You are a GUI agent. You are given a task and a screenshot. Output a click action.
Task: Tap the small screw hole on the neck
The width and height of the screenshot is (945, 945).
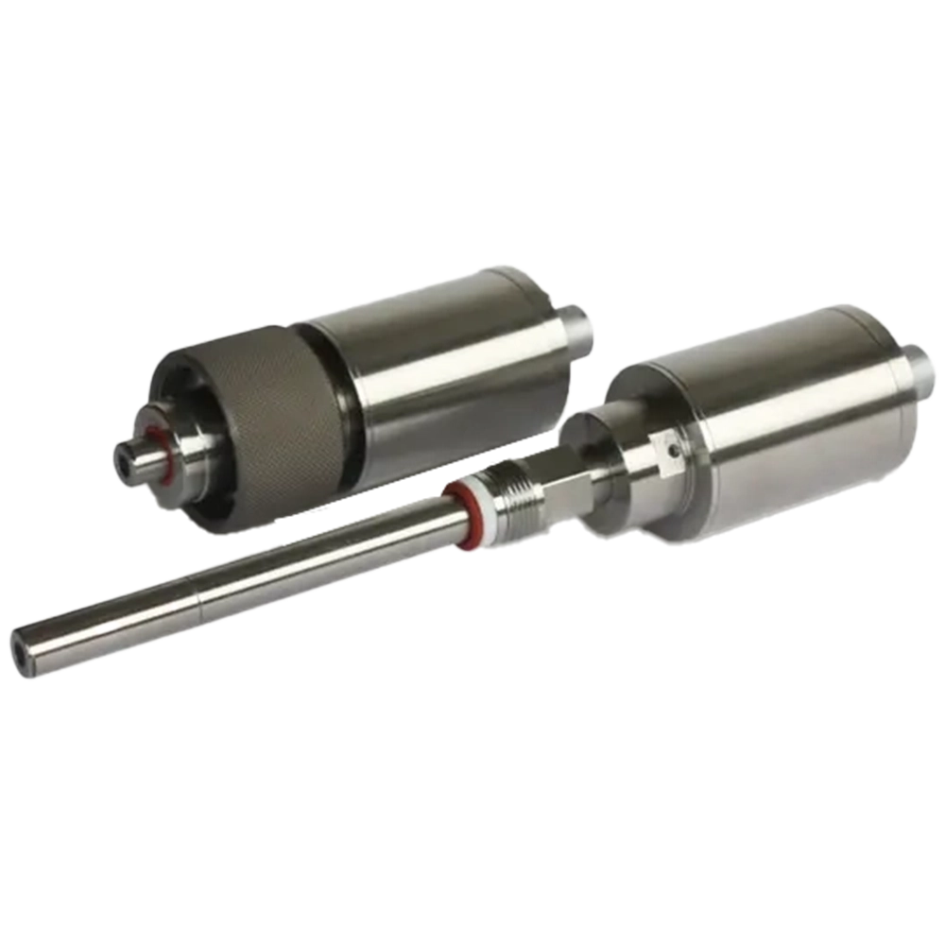click(x=672, y=451)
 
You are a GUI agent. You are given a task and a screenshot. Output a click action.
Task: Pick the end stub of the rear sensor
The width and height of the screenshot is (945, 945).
click(x=578, y=326)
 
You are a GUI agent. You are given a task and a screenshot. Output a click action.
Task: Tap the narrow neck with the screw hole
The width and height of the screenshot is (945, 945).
click(x=652, y=463)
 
